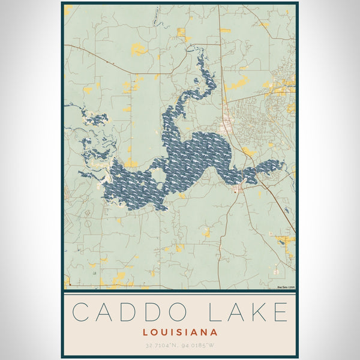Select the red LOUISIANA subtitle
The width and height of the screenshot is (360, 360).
pyautogui.click(x=180, y=331)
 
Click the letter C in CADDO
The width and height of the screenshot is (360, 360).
pyautogui.click(x=82, y=313)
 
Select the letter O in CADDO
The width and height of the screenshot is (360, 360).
pyautogui.click(x=183, y=313)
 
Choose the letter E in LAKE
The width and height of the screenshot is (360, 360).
pyautogui.click(x=281, y=313)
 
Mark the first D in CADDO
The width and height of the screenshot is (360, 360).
pyautogui.click(x=132, y=313)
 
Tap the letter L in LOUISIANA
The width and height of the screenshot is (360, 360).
pyautogui.click(x=146, y=331)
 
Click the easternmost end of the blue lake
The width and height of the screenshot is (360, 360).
pyautogui.click(x=283, y=164)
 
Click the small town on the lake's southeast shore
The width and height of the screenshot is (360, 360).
pyautogui.click(x=240, y=190)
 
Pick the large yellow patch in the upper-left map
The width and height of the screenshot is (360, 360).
pyautogui.click(x=138, y=50)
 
